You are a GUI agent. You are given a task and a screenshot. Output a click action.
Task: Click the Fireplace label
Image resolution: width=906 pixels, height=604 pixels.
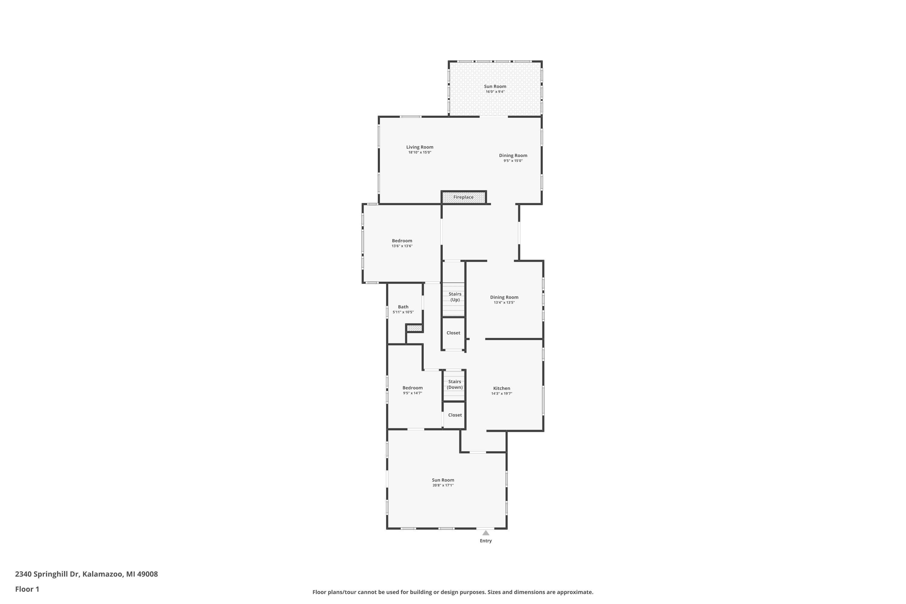click(x=463, y=197)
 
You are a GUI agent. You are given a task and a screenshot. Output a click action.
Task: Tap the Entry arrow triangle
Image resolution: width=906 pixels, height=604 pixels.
click(x=486, y=533)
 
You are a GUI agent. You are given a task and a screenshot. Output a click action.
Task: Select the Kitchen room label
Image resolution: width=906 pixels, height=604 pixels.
click(x=502, y=388)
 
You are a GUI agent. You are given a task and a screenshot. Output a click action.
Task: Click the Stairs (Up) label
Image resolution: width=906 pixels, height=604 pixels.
click(x=455, y=297)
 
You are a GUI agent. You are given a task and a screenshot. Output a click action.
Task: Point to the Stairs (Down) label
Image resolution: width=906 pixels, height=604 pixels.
click(x=455, y=384)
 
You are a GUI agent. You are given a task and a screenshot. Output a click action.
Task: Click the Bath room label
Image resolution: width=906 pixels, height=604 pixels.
click(x=403, y=307)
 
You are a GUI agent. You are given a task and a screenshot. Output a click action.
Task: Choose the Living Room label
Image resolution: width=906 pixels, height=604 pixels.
click(x=419, y=147)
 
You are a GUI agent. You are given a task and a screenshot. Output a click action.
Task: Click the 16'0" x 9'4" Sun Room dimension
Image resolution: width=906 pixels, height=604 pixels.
click(x=495, y=92)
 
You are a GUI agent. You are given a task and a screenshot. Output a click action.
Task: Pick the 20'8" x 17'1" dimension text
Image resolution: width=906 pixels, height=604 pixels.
click(x=443, y=485)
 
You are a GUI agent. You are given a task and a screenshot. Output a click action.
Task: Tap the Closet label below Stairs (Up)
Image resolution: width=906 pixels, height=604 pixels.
click(x=453, y=333)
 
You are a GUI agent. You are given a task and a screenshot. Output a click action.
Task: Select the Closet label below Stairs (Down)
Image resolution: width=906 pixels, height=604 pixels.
click(x=455, y=415)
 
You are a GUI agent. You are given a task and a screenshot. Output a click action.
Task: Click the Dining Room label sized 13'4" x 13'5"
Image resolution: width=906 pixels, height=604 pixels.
click(x=504, y=297)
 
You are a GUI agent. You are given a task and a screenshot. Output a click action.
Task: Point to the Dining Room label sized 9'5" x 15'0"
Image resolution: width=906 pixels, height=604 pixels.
click(x=513, y=156)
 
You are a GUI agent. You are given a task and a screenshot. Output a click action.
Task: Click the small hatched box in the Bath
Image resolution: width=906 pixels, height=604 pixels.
click(x=414, y=328)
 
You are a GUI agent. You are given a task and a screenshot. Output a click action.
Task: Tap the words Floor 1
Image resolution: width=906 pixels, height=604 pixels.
click(x=27, y=589)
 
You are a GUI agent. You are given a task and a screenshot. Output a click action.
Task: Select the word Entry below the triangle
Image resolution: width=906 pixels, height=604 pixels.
click(x=486, y=541)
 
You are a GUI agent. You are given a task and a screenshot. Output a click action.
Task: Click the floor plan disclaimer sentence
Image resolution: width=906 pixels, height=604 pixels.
click(x=453, y=592)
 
